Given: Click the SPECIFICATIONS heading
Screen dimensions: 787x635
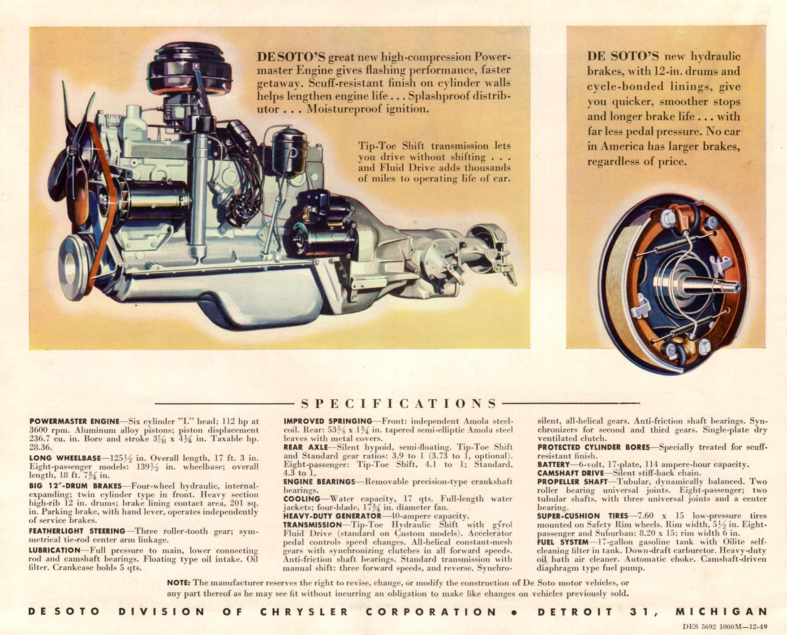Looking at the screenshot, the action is click(x=399, y=404).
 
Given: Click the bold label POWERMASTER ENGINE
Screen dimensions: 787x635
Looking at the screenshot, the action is click(x=74, y=421).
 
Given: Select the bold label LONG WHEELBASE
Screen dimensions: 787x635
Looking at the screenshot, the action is click(x=65, y=458).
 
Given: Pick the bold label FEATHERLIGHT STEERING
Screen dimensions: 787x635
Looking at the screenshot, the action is click(x=77, y=531).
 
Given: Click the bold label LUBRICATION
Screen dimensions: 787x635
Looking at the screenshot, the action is click(x=55, y=550).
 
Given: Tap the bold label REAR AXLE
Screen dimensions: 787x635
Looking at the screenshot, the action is click(x=305, y=447).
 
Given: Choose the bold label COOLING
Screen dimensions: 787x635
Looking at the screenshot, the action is click(x=302, y=499).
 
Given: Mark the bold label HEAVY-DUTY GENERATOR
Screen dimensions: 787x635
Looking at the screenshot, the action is click(x=332, y=516).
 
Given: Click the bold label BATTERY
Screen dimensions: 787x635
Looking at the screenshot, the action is click(x=554, y=465).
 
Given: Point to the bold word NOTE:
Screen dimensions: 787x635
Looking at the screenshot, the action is click(x=179, y=583).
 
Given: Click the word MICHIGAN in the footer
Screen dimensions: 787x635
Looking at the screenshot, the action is click(x=722, y=612).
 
